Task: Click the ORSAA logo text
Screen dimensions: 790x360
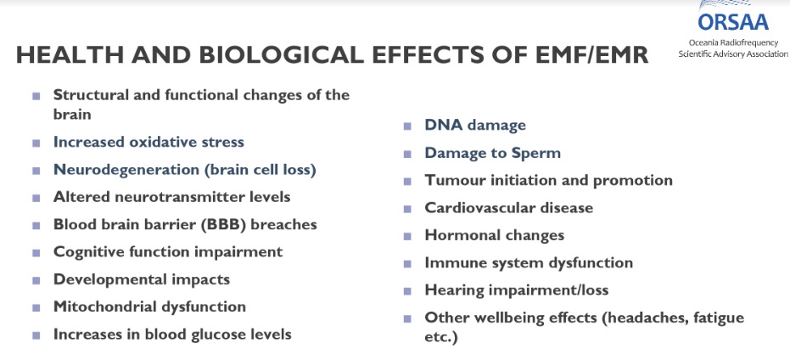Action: click(x=733, y=22)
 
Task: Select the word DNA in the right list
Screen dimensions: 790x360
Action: click(x=444, y=125)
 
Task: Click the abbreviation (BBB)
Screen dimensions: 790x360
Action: click(x=223, y=224)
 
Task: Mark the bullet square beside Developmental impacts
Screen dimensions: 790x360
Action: click(x=36, y=280)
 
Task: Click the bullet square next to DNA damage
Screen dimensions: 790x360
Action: click(x=407, y=126)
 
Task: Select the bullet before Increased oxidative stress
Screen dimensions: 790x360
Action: click(x=36, y=143)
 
